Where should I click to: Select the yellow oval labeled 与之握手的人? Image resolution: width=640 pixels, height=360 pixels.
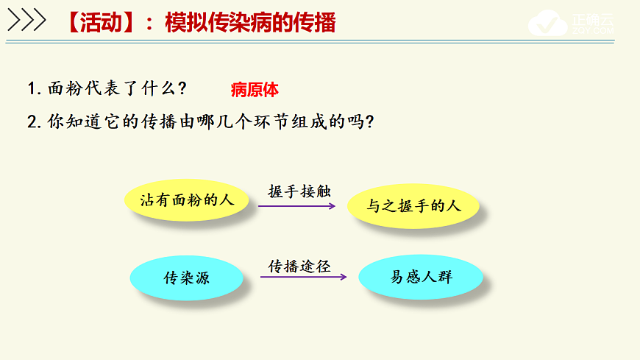pos(413,205)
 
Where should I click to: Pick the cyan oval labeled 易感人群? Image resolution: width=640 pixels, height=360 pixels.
pos(421,278)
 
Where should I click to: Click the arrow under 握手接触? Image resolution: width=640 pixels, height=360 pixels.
pos(298,206)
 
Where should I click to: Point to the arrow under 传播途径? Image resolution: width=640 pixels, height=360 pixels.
pos(303,278)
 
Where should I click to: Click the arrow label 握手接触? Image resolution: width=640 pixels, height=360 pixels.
pos(299,191)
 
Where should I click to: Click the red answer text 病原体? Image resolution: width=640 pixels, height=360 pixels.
pos(255,91)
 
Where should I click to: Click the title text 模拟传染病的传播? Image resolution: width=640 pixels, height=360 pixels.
pos(250,23)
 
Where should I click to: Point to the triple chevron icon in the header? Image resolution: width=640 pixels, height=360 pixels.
pos(27,21)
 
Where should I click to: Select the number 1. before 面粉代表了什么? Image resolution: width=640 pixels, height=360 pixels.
pos(33,89)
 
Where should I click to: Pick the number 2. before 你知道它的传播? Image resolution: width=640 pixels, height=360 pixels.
pos(33,121)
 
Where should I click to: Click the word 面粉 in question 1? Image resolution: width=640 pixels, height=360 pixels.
pos(65,89)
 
